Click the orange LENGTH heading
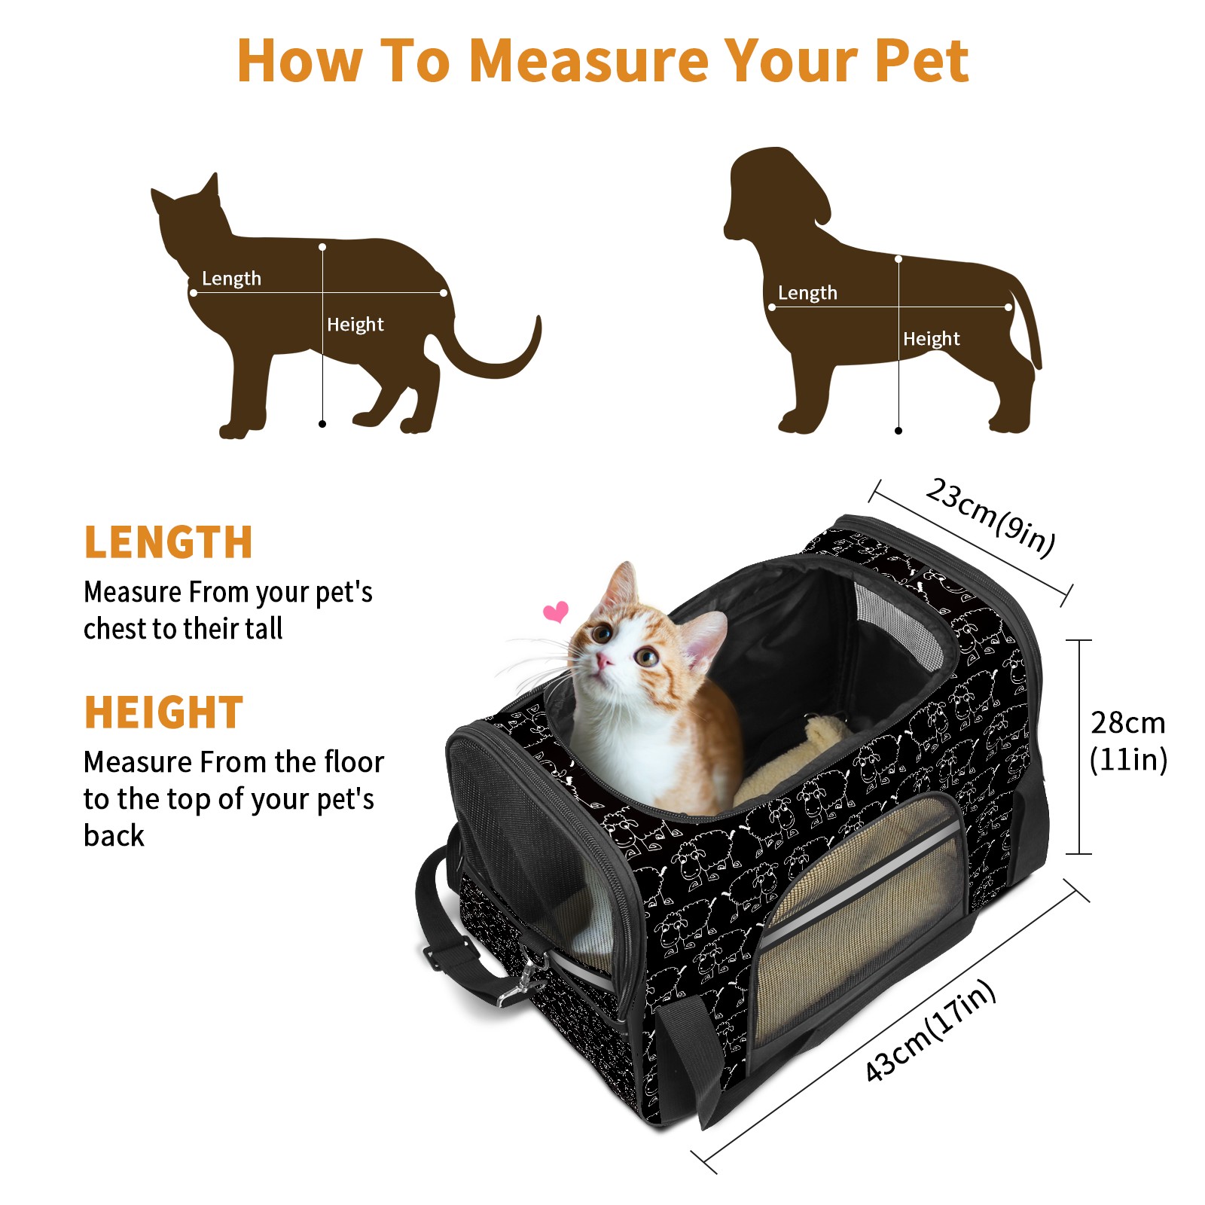click(x=168, y=542)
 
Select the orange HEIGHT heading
click(x=163, y=712)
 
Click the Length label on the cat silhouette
click(x=231, y=279)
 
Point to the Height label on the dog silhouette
click(x=932, y=339)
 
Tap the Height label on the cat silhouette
click(x=355, y=325)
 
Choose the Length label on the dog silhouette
click(x=807, y=293)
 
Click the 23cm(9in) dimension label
click(x=990, y=517)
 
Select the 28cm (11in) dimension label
click(x=1128, y=741)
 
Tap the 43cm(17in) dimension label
click(x=930, y=1030)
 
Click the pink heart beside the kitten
click(x=556, y=612)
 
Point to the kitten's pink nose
click(x=604, y=662)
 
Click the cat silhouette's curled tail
click(x=497, y=367)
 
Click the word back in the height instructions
click(x=114, y=836)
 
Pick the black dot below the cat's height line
click(x=322, y=424)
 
